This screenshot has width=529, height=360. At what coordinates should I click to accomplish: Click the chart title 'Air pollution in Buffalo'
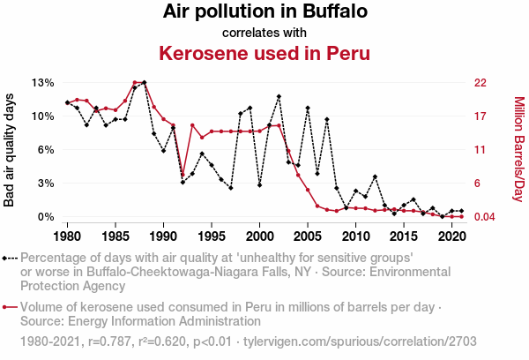click(264, 12)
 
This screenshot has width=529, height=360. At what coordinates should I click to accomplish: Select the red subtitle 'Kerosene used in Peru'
click(264, 53)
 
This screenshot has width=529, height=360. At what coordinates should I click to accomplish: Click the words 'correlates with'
click(264, 33)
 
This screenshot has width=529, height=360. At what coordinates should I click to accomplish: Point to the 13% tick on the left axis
click(43, 83)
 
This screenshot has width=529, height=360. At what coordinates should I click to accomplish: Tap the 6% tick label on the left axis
click(46, 150)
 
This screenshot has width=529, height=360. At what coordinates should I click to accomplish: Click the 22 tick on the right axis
click(481, 83)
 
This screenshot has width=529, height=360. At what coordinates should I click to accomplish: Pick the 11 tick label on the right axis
click(481, 150)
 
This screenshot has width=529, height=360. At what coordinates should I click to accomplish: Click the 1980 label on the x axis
click(68, 236)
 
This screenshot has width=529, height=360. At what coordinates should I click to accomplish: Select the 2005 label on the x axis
click(308, 236)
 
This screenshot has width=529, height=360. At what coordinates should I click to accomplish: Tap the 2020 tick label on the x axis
click(451, 236)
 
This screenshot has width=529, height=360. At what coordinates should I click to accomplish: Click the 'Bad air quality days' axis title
click(11, 149)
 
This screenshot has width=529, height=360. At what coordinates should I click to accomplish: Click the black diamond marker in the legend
click(8, 259)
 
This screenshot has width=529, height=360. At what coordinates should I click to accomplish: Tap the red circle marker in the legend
click(8, 308)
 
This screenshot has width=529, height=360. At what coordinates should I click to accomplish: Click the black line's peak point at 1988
click(144, 82)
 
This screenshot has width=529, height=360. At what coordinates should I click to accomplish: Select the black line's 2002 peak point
click(279, 96)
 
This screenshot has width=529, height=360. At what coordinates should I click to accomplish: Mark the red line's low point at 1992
click(183, 174)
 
